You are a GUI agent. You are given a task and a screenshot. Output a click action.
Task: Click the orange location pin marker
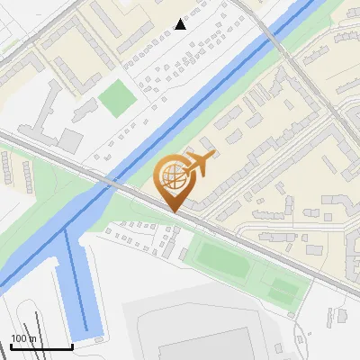[x=176, y=180]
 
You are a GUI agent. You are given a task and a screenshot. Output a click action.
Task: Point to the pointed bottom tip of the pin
[x=175, y=211]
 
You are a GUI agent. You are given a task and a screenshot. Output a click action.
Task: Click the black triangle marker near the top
[x=181, y=24]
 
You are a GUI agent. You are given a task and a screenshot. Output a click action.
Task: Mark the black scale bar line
[x=41, y=346]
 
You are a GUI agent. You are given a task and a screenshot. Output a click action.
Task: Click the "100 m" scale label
[x=24, y=338]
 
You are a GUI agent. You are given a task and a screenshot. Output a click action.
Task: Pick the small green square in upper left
[x=114, y=98]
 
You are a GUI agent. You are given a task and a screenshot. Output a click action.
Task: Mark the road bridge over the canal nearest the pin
[x=108, y=180]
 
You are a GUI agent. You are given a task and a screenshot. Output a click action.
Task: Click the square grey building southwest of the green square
[x=70, y=140]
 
